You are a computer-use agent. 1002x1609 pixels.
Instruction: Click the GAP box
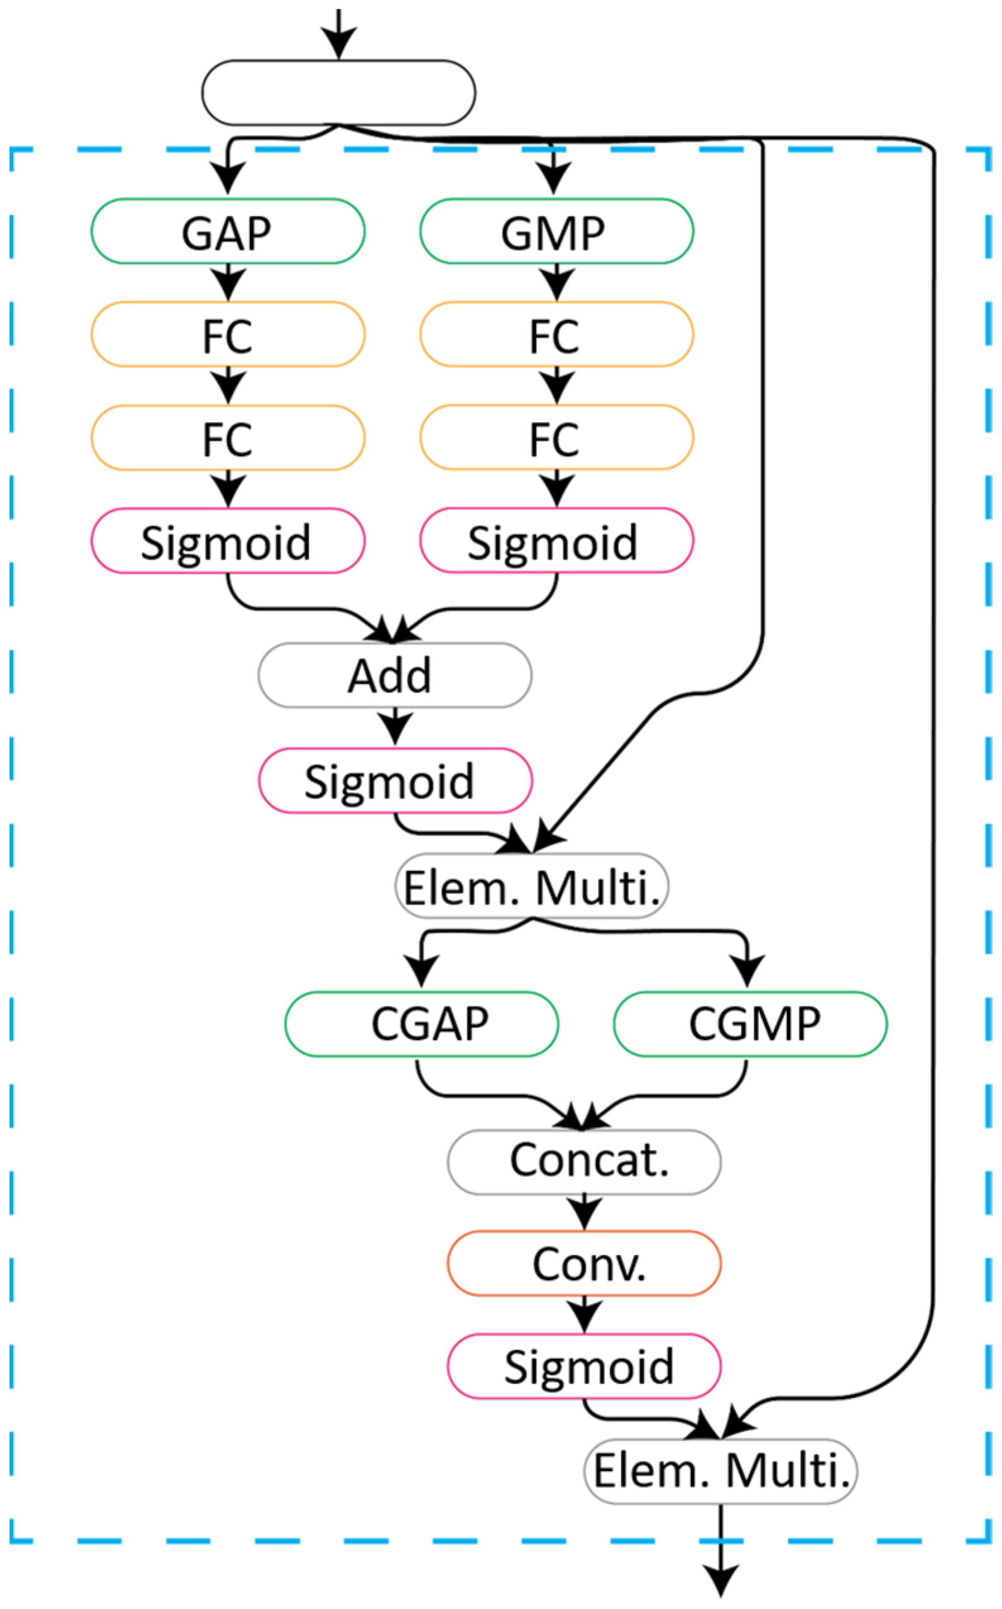(227, 231)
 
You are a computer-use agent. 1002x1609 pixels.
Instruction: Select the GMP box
(556, 231)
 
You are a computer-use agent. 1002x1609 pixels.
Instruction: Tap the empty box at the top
(338, 93)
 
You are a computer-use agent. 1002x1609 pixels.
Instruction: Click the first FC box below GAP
(227, 334)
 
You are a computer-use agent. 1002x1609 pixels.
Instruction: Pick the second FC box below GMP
(556, 438)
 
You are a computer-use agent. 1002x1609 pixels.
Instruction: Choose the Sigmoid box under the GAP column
(227, 541)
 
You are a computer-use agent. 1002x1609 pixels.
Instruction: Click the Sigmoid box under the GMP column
(556, 540)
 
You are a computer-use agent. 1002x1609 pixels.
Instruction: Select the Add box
(395, 675)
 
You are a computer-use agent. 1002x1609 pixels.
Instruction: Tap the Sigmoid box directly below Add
(395, 780)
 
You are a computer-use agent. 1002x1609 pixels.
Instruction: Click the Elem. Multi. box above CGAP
(532, 886)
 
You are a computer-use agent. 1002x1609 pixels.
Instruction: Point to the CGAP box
(422, 1023)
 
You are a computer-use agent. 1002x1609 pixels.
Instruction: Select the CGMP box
(750, 1023)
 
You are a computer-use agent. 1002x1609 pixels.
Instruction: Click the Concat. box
(584, 1162)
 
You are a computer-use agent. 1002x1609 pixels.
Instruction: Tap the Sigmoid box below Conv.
(584, 1366)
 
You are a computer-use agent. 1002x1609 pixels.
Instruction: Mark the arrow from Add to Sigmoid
(395, 727)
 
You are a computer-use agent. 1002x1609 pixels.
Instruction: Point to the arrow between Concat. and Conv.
(584, 1212)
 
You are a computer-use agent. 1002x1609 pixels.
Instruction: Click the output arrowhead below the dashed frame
(720, 1581)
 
